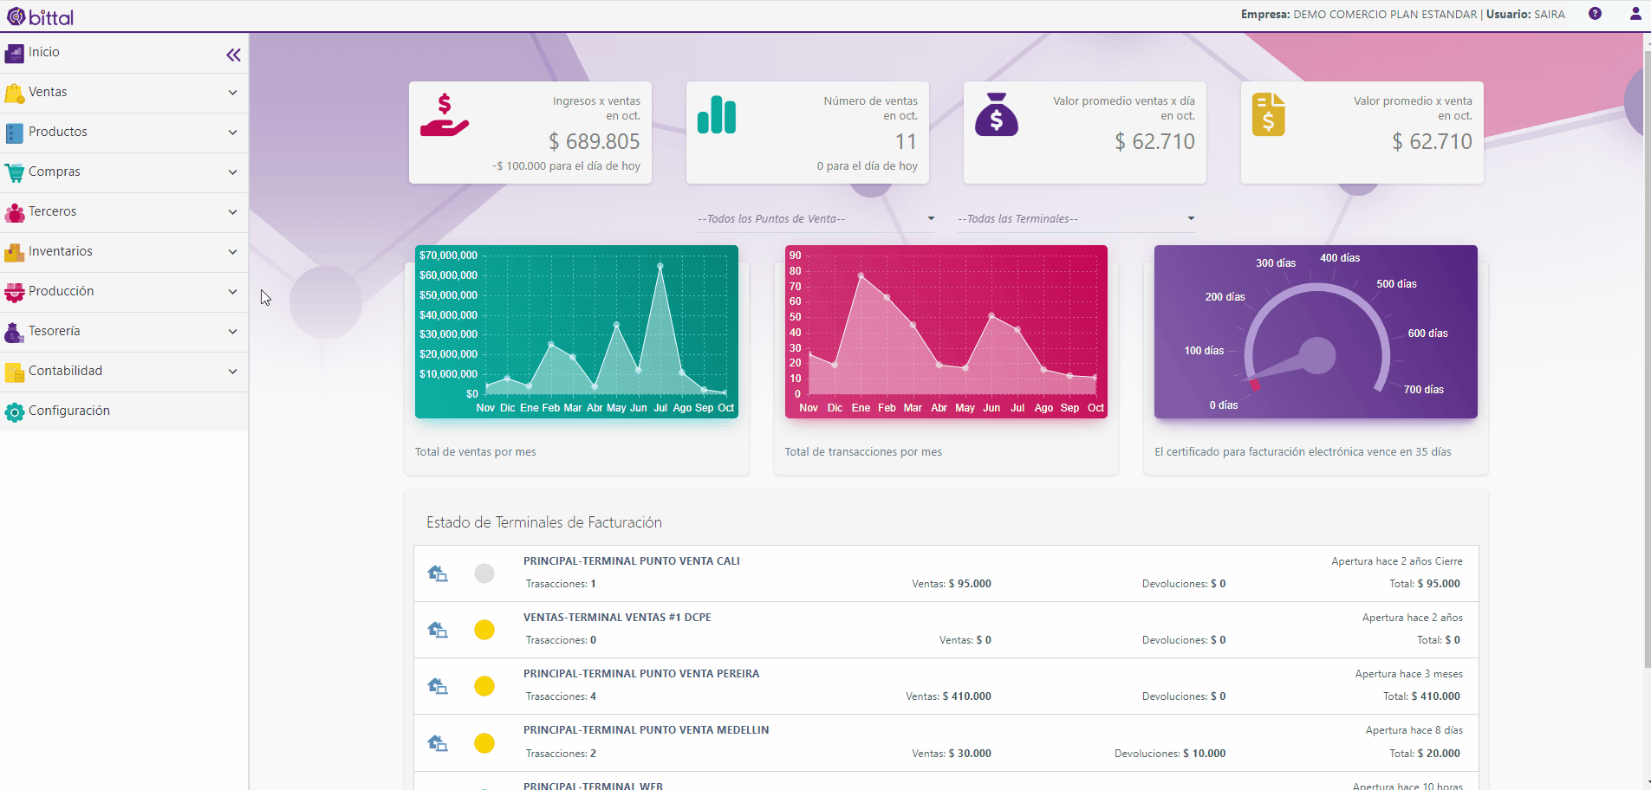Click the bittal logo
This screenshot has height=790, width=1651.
tap(41, 16)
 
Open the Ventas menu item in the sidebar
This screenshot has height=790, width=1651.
tap(48, 92)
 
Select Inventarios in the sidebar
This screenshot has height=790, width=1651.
tap(61, 251)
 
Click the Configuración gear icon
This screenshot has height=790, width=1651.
tap(14, 412)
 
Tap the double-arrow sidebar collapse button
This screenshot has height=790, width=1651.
tap(233, 55)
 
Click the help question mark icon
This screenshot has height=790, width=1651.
tap(1595, 14)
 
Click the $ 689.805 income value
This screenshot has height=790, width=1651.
tap(595, 141)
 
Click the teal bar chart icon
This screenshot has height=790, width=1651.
tap(717, 114)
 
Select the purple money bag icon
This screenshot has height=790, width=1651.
tap(997, 114)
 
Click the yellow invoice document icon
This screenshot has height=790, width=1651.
tap(1268, 114)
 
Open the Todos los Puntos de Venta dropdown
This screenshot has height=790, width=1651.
tap(816, 219)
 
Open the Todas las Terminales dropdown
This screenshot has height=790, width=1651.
tap(1076, 219)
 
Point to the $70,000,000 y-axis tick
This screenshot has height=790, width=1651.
tap(448, 256)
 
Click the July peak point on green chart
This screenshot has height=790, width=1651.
tap(660, 266)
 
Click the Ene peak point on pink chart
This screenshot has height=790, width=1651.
tap(861, 275)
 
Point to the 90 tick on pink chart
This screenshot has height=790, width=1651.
tap(795, 256)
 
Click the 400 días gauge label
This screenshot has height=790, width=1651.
tap(1340, 258)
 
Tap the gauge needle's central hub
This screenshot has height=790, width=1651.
tap(1317, 355)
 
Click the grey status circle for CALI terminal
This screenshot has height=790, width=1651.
tap(484, 573)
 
